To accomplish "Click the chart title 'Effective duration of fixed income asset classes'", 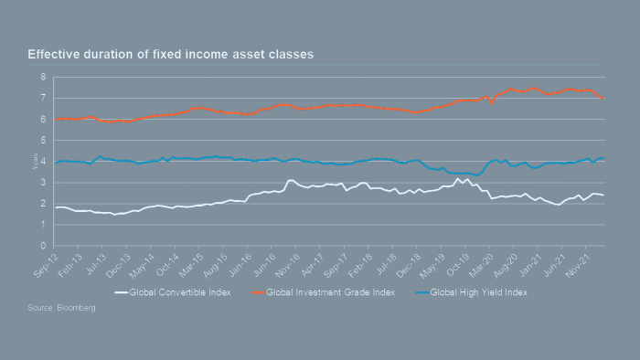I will [x=170, y=55].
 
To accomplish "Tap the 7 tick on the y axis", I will [x=43, y=98].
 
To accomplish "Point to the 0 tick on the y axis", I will [x=43, y=246].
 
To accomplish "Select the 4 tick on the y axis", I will [x=43, y=162].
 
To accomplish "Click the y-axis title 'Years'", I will [x=33, y=162].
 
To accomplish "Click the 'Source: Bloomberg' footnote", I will [x=61, y=308].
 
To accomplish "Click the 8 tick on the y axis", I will [x=43, y=77].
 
